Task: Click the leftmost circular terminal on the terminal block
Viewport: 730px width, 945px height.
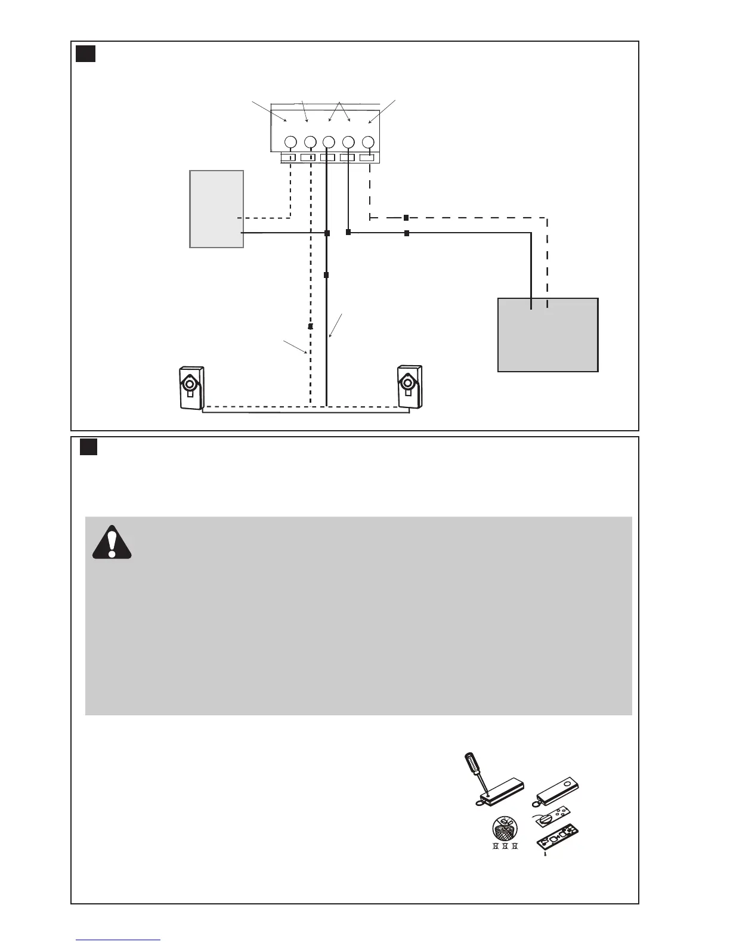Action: click(290, 142)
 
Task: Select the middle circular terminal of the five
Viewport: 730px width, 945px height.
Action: click(329, 142)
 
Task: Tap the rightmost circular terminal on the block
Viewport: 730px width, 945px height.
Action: click(369, 142)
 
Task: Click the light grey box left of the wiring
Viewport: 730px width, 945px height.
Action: click(216, 209)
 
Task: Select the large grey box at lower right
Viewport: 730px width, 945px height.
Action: click(547, 335)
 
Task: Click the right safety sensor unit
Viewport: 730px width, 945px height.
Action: click(409, 387)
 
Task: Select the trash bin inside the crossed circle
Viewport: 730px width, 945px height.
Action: click(505, 829)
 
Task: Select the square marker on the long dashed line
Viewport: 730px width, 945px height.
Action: click(406, 218)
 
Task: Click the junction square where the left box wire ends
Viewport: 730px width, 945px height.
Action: click(327, 233)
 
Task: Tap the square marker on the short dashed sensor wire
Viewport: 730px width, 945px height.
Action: click(310, 327)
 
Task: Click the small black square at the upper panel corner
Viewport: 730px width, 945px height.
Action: click(86, 54)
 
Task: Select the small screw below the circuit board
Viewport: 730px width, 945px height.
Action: click(545, 855)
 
